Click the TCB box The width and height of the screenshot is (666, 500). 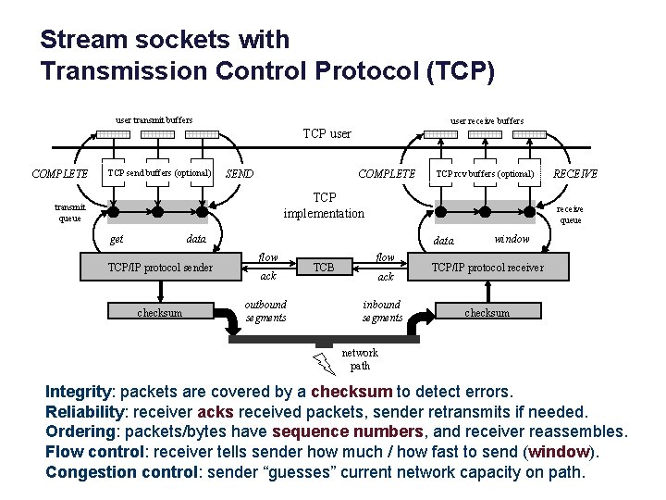(324, 268)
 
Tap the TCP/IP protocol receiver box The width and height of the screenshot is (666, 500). (487, 268)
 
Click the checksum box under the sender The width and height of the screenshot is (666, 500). (160, 312)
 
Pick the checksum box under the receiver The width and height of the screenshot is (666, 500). (487, 312)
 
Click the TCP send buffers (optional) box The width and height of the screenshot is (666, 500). (160, 173)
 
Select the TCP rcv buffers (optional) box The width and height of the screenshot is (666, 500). (485, 173)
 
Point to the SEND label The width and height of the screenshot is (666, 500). (240, 174)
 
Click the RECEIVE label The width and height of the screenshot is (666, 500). (574, 173)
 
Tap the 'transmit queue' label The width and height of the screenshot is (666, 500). (69, 213)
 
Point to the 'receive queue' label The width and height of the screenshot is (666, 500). (571, 215)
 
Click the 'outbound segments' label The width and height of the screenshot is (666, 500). (265, 311)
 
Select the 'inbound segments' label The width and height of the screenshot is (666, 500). (382, 311)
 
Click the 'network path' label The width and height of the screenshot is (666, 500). (361, 359)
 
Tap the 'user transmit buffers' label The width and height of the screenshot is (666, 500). (154, 119)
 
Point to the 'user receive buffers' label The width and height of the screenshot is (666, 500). (487, 120)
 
